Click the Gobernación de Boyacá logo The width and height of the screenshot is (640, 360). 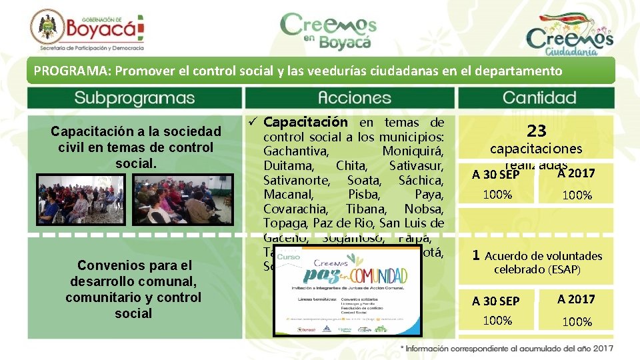click(x=87, y=30)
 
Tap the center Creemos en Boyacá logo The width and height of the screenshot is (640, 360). click(x=328, y=31)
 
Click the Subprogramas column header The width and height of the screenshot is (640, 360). click(x=134, y=98)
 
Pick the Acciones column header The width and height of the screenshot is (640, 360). click(x=349, y=98)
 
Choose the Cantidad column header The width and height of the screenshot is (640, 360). click(x=539, y=98)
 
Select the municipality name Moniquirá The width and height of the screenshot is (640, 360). click(x=413, y=151)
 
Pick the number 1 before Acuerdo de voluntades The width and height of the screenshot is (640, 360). click(x=476, y=255)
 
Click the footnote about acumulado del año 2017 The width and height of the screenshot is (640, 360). click(x=507, y=348)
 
